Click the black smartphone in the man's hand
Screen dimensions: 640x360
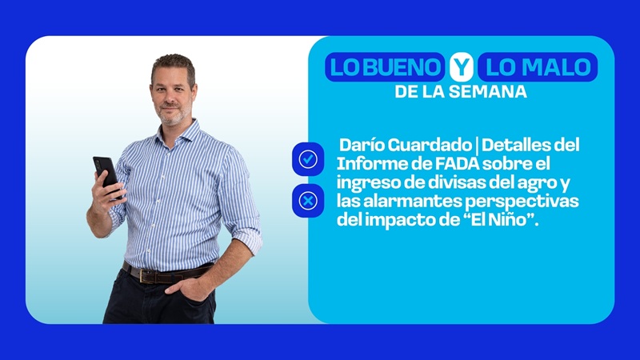pos(106,174)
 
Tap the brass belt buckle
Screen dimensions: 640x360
pos(144,275)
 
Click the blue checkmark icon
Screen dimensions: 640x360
pos(308,159)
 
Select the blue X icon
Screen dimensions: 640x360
pos(308,201)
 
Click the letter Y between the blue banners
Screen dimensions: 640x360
pos(462,67)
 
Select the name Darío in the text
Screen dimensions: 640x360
pos(362,145)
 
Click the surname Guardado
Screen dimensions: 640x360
pos(430,145)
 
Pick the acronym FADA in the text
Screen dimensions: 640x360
pos(457,164)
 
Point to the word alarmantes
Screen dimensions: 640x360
pos(412,202)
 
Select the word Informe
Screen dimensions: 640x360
pos(371,164)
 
